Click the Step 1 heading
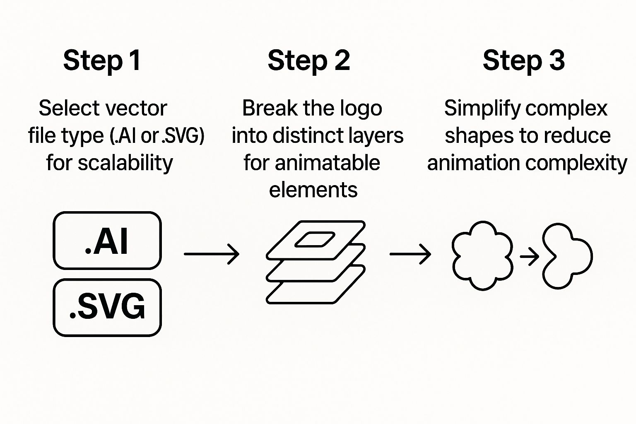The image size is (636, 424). click(102, 61)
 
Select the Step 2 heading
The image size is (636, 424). click(309, 61)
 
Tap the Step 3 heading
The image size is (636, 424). click(524, 61)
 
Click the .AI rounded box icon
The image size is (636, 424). click(107, 241)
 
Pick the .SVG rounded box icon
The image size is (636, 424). click(107, 307)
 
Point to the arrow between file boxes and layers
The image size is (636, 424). click(212, 253)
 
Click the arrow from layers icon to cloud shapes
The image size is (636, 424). click(410, 253)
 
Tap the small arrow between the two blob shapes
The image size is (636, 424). click(529, 257)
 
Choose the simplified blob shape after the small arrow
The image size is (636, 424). click(566, 256)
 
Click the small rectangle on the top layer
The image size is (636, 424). click(315, 239)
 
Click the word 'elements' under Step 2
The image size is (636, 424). click(313, 190)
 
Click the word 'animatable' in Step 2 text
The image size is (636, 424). click(327, 163)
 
